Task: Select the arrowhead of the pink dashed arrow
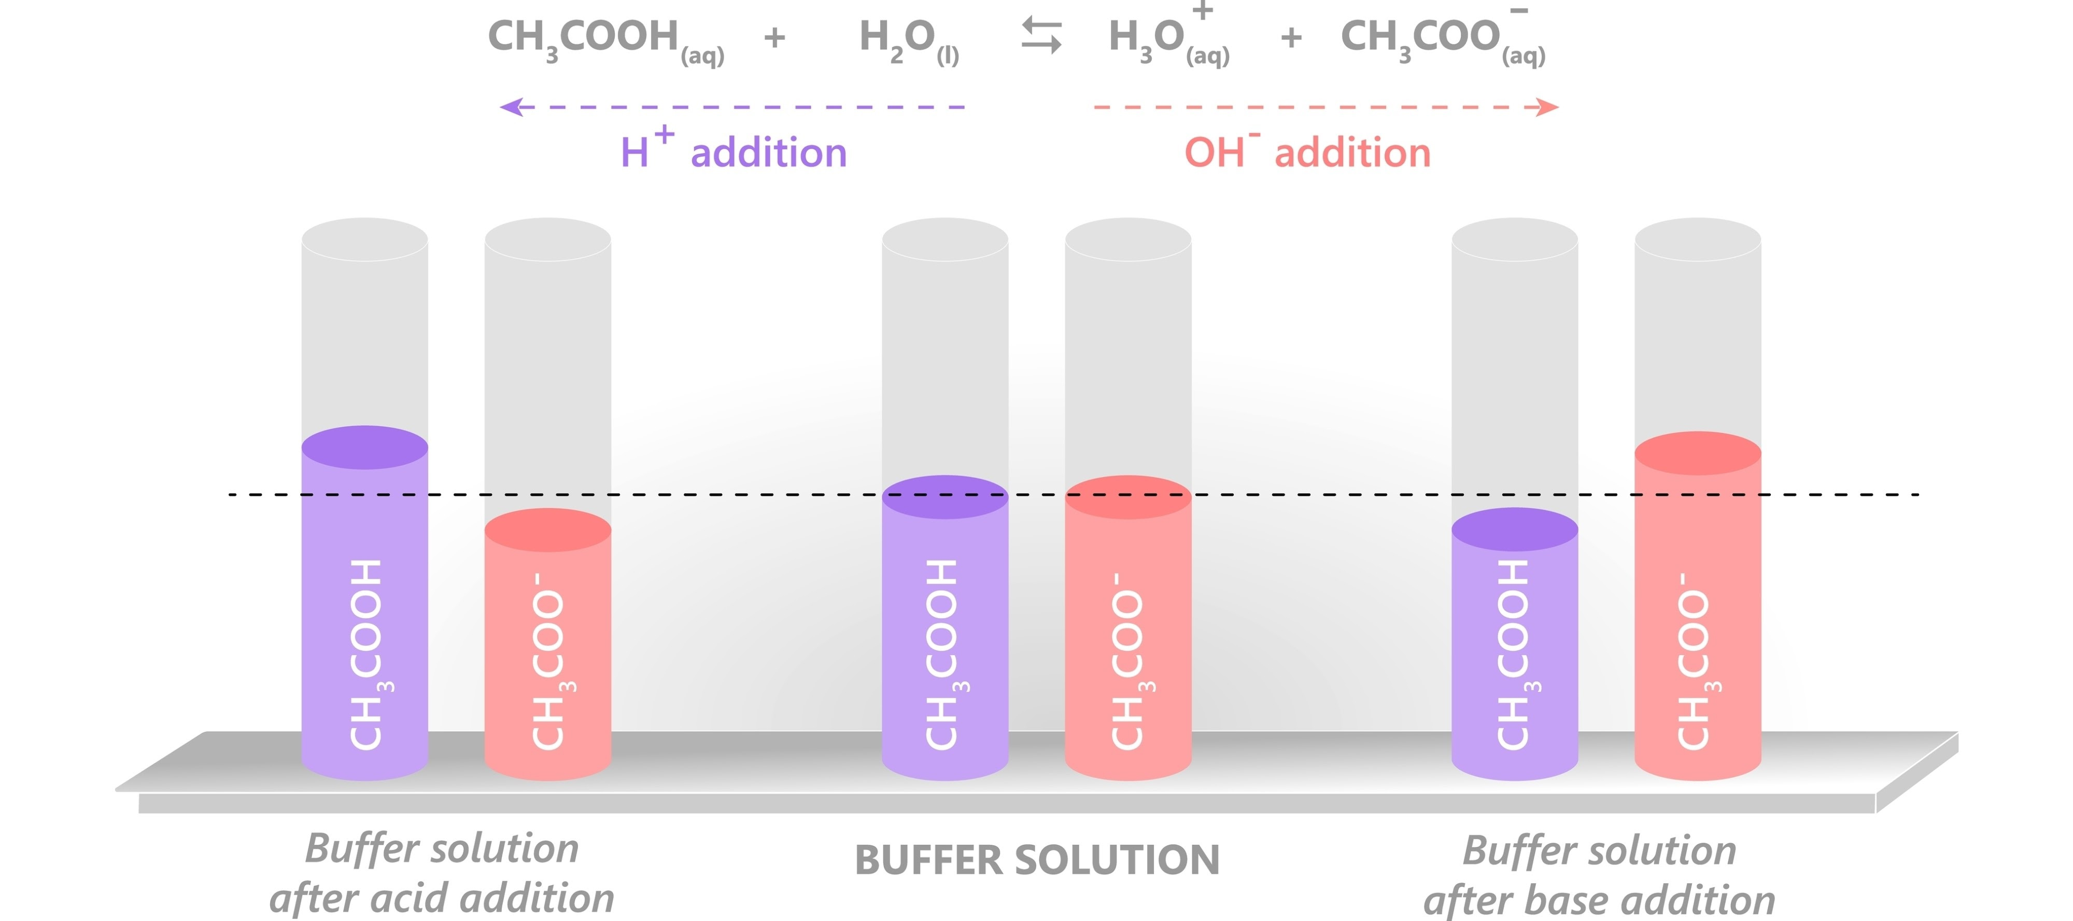click(x=1547, y=107)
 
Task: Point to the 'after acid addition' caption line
click(x=442, y=897)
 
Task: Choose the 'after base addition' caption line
click(x=1599, y=899)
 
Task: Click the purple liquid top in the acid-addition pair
click(x=364, y=448)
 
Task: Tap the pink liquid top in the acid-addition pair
click(x=547, y=530)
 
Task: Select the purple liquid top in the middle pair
click(x=945, y=497)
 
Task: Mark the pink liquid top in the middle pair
click(x=1127, y=497)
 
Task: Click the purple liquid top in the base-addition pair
click(x=1515, y=529)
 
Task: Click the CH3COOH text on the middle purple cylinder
click(x=943, y=654)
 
